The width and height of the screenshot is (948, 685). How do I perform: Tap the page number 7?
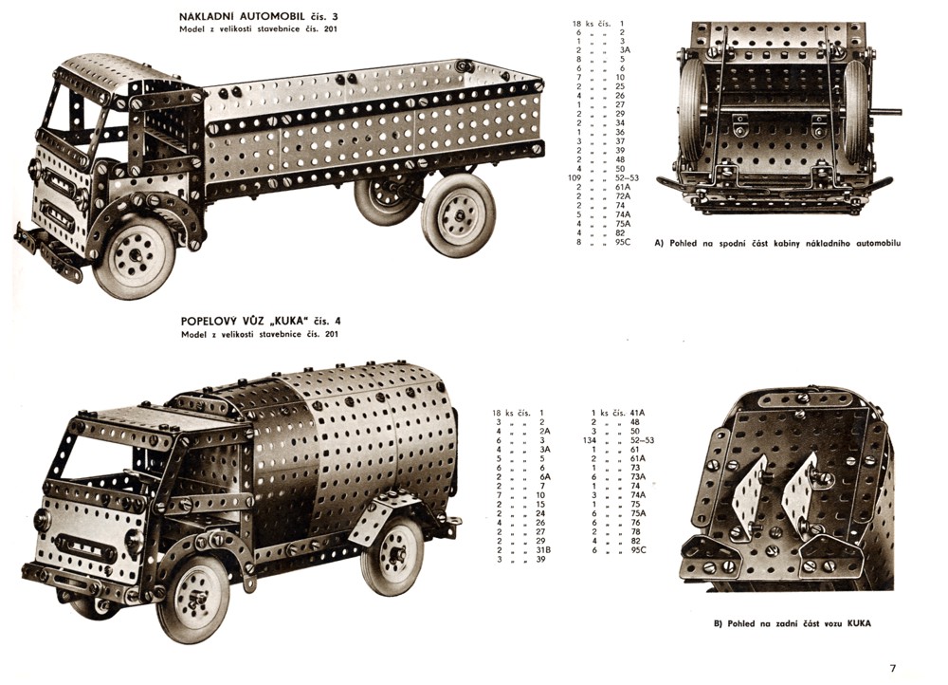pyautogui.click(x=892, y=667)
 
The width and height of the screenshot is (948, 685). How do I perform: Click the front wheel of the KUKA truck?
pyautogui.click(x=193, y=599)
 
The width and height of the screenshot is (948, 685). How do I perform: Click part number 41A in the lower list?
pyautogui.click(x=637, y=413)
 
